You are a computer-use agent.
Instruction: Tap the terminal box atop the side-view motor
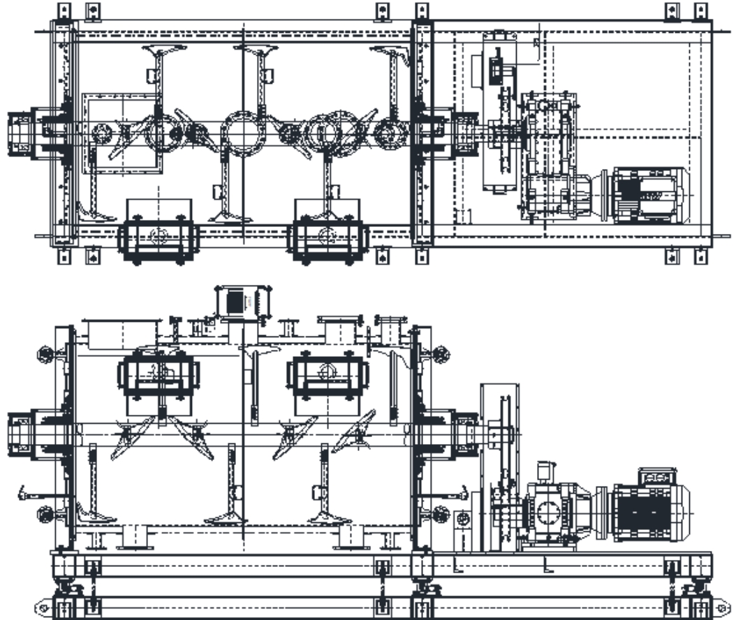tap(657, 476)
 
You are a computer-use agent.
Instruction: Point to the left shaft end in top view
tap(21, 133)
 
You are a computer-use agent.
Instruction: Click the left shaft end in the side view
tap(21, 434)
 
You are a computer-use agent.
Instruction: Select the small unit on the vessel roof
tap(242, 302)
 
